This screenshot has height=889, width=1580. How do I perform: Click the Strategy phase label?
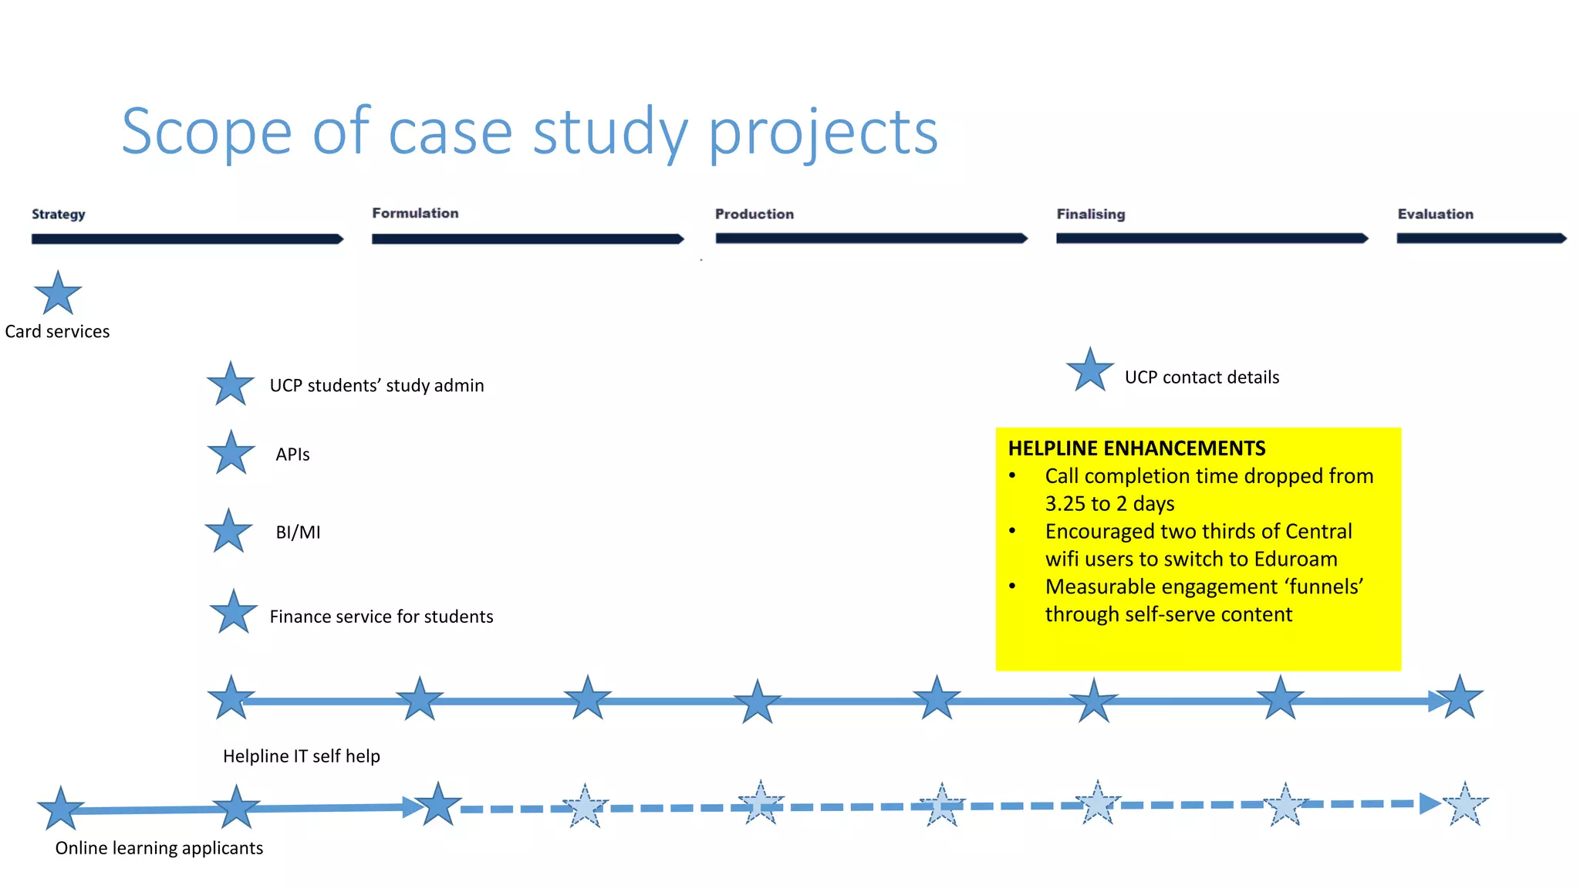click(58, 214)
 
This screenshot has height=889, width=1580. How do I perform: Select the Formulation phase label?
click(415, 213)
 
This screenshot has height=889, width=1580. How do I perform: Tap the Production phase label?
click(754, 214)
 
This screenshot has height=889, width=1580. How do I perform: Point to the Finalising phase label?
click(1090, 214)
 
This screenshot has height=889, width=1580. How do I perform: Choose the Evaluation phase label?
click(1435, 214)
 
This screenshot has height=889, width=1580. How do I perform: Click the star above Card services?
click(58, 293)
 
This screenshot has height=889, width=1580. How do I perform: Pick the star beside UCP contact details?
click(1089, 370)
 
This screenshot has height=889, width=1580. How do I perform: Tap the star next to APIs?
click(231, 453)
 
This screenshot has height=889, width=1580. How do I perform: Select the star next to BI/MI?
click(228, 531)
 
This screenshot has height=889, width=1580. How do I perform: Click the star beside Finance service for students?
click(233, 612)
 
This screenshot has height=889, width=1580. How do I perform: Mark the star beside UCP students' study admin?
click(231, 384)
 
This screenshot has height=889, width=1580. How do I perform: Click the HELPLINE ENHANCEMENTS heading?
click(1136, 448)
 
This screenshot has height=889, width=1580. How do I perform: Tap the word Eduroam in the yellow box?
click(1295, 559)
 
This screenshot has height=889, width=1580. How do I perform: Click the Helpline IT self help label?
click(301, 756)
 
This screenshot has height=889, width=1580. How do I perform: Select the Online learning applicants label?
click(159, 848)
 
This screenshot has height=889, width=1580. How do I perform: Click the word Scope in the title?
click(206, 132)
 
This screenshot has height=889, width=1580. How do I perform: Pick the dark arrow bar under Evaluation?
click(1480, 238)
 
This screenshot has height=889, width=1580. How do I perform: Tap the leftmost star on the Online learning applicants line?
click(60, 809)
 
